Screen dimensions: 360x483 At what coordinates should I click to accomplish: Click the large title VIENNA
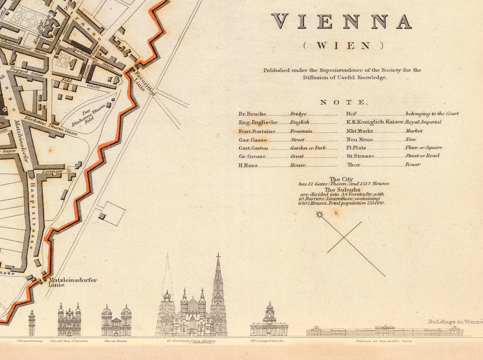pyautogui.click(x=342, y=21)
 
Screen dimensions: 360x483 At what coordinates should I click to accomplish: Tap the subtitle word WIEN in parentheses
pyautogui.click(x=343, y=45)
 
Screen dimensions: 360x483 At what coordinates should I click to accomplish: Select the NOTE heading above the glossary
pyautogui.click(x=343, y=103)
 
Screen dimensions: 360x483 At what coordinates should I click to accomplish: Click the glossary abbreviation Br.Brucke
pyautogui.click(x=252, y=114)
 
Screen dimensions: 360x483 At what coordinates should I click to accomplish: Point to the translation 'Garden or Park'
pyautogui.click(x=308, y=148)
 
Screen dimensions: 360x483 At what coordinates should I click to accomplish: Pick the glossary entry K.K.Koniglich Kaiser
pyautogui.click(x=374, y=122)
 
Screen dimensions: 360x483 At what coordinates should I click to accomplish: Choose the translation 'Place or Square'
pyautogui.click(x=423, y=148)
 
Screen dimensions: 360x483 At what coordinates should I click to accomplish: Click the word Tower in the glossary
pyautogui.click(x=413, y=165)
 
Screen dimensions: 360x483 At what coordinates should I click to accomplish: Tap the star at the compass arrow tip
pyautogui.click(x=320, y=214)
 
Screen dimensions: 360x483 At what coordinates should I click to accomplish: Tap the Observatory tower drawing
pyautogui.click(x=31, y=323)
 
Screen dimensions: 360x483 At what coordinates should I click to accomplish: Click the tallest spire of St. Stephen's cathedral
pyautogui.click(x=218, y=274)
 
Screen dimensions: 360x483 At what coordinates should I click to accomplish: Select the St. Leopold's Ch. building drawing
pyautogui.click(x=269, y=322)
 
